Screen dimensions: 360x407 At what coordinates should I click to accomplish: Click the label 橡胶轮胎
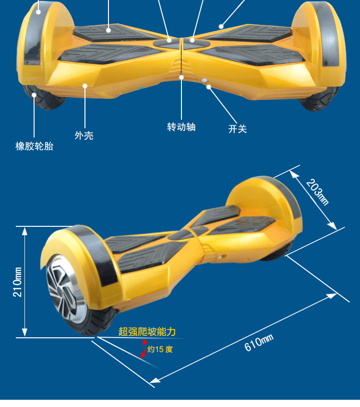coord(34,146)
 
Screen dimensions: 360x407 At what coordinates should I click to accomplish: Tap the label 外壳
coord(84,136)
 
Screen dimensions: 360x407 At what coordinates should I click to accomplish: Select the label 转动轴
coord(181,127)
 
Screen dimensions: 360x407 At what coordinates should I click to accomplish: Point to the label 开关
coord(238,129)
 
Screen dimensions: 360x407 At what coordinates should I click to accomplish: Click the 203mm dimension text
coord(317,192)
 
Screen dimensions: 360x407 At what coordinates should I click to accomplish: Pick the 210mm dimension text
coord(18,282)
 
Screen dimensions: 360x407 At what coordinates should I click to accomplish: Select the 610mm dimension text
coord(259,342)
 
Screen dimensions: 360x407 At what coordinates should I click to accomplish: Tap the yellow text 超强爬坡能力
coord(147,332)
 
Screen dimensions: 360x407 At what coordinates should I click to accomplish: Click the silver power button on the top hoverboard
coord(204,81)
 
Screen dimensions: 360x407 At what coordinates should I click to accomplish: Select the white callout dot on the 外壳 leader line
coord(85,86)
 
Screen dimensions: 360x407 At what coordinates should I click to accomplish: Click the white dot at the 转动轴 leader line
coord(181,76)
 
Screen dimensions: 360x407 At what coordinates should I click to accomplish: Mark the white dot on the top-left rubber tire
coord(34,95)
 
